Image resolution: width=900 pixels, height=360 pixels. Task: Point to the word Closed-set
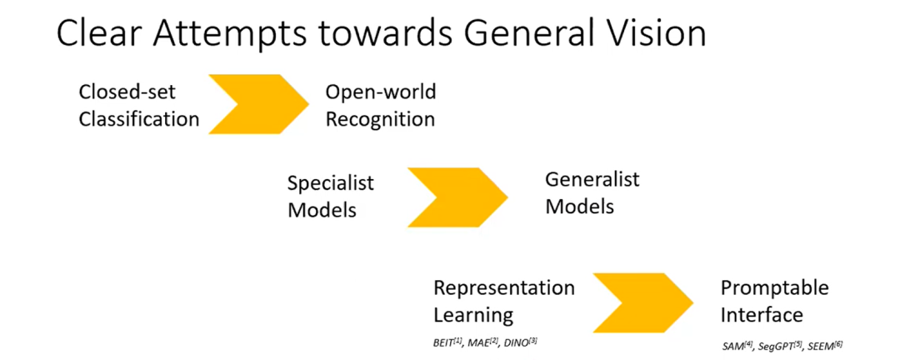[x=127, y=91]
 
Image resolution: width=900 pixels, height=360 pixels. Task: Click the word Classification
[x=139, y=118]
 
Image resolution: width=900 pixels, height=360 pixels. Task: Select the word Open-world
[x=380, y=91]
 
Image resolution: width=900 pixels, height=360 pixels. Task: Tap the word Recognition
[x=380, y=118]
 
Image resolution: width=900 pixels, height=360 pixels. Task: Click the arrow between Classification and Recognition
[x=259, y=104]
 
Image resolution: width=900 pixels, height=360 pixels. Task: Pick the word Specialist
[x=331, y=182]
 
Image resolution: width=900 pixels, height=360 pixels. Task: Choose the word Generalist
[x=592, y=178]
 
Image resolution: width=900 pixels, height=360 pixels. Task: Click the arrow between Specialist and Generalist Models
[x=457, y=197]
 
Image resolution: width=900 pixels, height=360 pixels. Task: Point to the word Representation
[x=503, y=287]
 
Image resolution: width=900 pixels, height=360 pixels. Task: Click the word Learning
[x=472, y=315]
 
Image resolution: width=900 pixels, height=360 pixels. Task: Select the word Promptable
[x=774, y=287]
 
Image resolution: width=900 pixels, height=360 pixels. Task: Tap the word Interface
[x=762, y=315]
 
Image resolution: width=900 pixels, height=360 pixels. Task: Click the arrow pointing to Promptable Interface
[x=642, y=301]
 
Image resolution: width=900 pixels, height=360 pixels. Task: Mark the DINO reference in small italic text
[x=520, y=342]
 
